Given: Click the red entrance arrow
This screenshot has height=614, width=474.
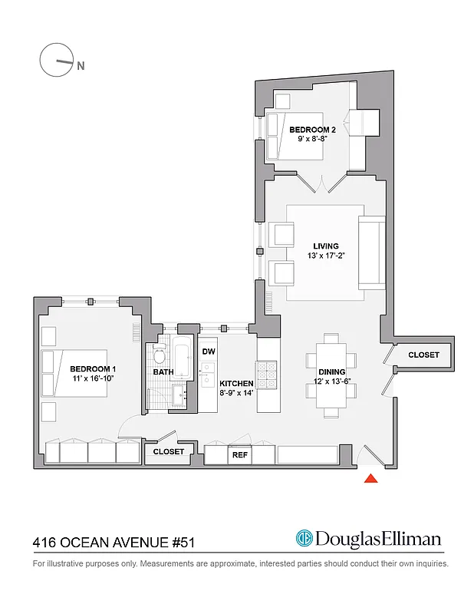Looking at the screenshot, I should pos(370,479).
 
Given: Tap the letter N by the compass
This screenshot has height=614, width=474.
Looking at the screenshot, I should pos(81,66).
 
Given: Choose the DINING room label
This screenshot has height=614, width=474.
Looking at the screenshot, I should pos(331,371).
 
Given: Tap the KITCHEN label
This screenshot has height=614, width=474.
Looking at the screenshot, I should pos(236,383).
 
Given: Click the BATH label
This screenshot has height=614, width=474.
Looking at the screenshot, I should pos(163,372).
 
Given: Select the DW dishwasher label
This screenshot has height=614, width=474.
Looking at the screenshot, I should pos(208,352).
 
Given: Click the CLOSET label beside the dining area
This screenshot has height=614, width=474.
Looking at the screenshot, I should pos(423,355).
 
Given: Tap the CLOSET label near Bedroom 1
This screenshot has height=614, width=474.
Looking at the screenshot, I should pos(168,452).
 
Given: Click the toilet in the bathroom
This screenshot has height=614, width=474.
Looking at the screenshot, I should pos(160,354).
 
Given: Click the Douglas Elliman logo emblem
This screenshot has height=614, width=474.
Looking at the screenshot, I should pos(304,540).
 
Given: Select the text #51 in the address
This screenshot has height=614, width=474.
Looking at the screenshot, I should pos(181,543).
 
